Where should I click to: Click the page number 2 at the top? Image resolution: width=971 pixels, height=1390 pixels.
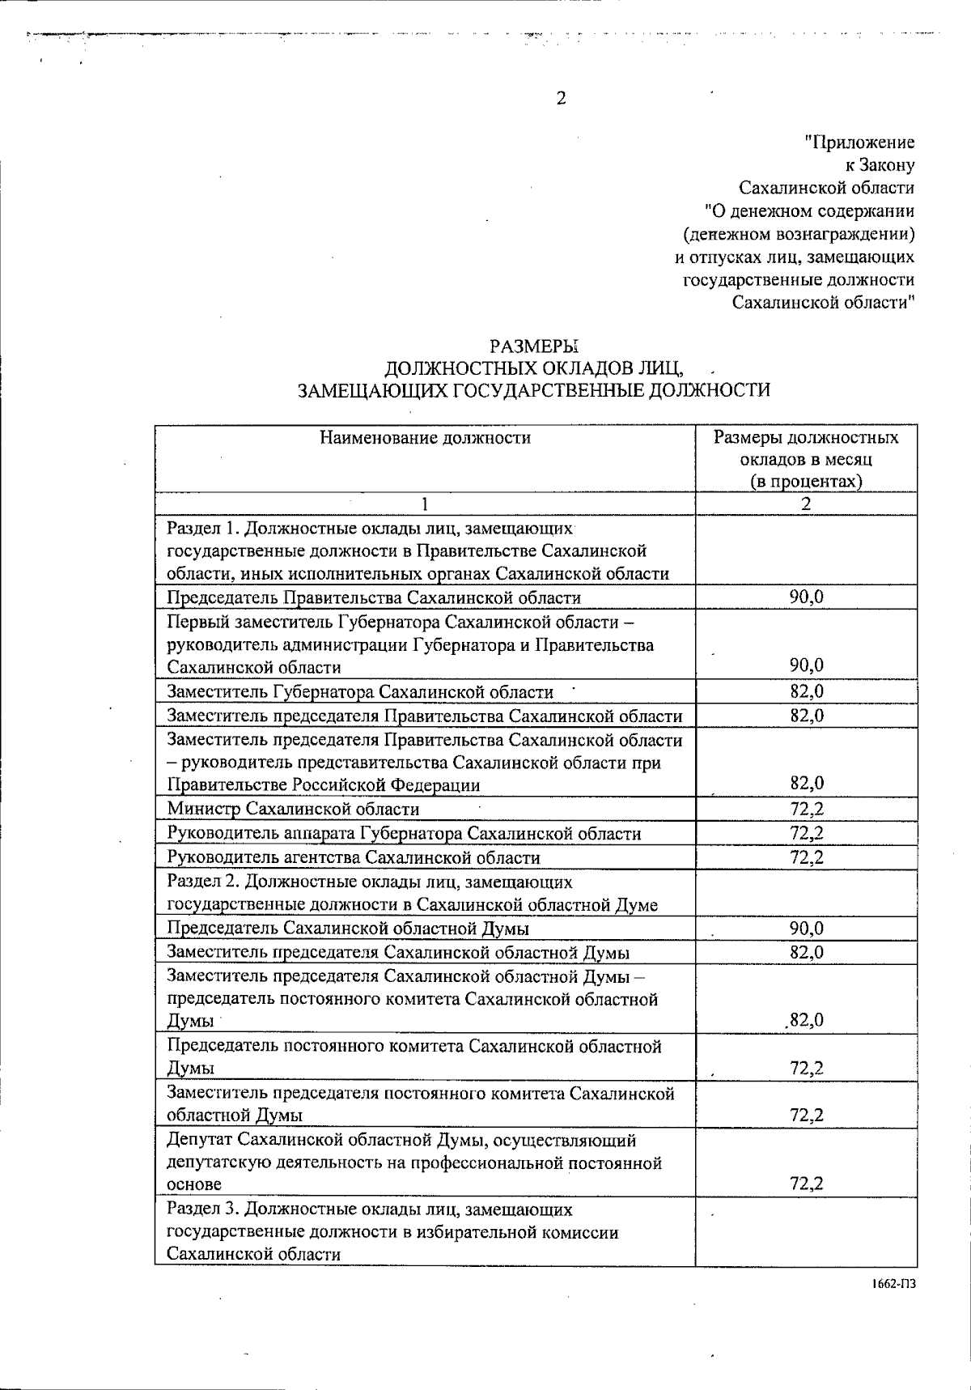561,98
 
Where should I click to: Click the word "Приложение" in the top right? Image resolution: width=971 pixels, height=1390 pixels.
859,143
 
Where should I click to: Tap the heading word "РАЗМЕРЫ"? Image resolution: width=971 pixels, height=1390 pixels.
536,346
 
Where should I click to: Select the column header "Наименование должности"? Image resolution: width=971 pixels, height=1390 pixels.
425,438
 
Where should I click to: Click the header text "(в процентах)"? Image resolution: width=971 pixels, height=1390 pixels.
805,481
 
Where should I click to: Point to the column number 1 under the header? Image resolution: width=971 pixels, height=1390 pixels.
424,504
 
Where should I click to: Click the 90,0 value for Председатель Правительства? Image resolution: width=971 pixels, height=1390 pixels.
806,597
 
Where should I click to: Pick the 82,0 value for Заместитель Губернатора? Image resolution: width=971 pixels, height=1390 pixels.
806,691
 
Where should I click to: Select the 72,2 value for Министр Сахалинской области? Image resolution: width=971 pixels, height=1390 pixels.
806,809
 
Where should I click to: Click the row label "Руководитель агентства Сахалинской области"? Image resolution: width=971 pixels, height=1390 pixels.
354,857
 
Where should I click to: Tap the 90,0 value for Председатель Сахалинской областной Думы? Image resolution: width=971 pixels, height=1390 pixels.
806,928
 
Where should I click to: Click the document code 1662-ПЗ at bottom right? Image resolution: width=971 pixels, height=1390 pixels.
894,1284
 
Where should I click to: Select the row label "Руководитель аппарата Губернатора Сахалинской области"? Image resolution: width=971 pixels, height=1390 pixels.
404,833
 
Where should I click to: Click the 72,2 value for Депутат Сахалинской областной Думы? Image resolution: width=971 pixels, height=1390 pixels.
806,1184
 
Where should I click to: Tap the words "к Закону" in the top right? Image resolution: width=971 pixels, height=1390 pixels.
880,166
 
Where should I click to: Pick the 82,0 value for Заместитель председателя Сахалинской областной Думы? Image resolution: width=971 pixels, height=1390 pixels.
806,952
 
